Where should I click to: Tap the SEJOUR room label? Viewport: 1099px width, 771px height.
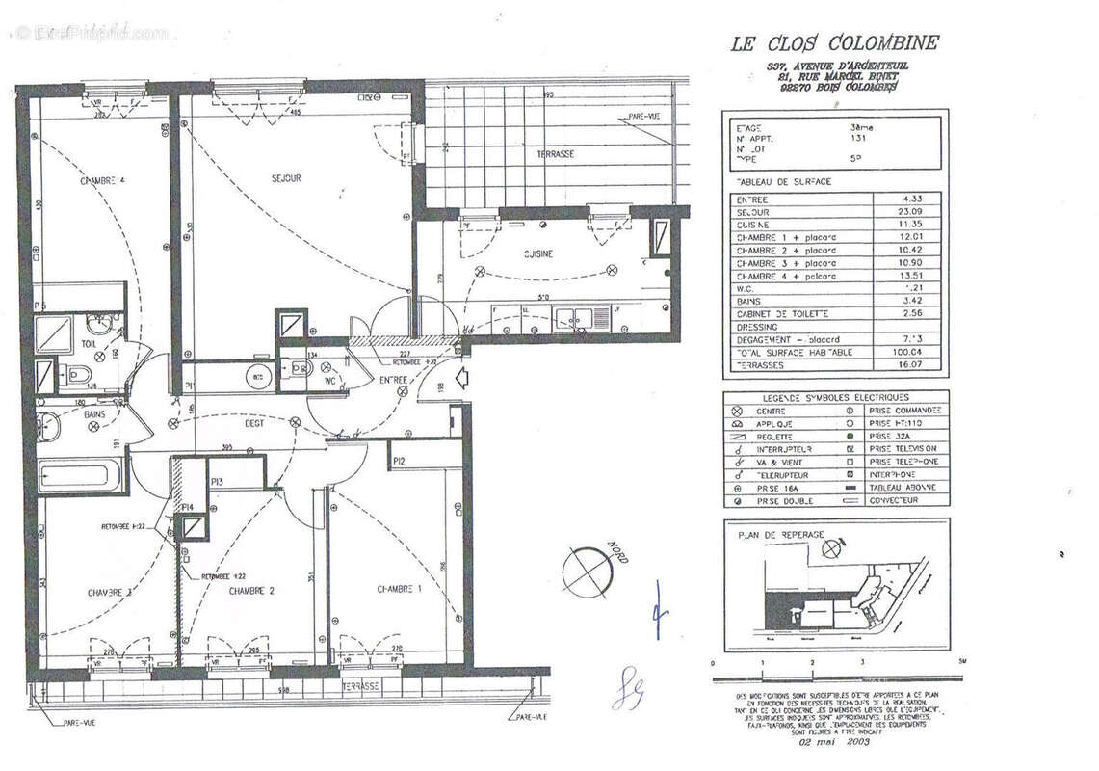[x=285, y=178]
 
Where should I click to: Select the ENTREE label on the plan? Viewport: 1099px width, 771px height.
[x=392, y=381]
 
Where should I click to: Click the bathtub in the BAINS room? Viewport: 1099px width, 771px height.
[x=74, y=476]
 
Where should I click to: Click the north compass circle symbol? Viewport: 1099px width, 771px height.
[x=588, y=572]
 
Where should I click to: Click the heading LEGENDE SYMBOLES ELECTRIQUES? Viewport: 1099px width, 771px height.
[x=835, y=397]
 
